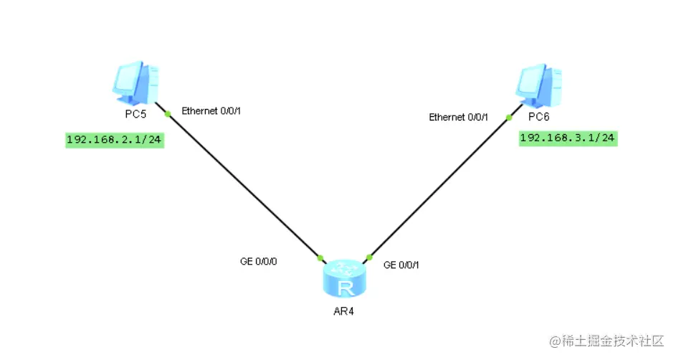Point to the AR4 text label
(344, 311)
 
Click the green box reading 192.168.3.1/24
(568, 138)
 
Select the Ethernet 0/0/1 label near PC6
(458, 117)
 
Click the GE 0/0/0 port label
(258, 262)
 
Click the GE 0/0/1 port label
(401, 265)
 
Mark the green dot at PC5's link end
(167, 114)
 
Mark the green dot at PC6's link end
(508, 117)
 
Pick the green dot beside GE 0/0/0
(320, 257)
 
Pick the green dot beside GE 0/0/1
(369, 257)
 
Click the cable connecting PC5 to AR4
(244, 186)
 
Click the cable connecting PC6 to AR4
(438, 187)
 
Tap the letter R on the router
(346, 288)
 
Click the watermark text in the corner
(606, 339)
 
